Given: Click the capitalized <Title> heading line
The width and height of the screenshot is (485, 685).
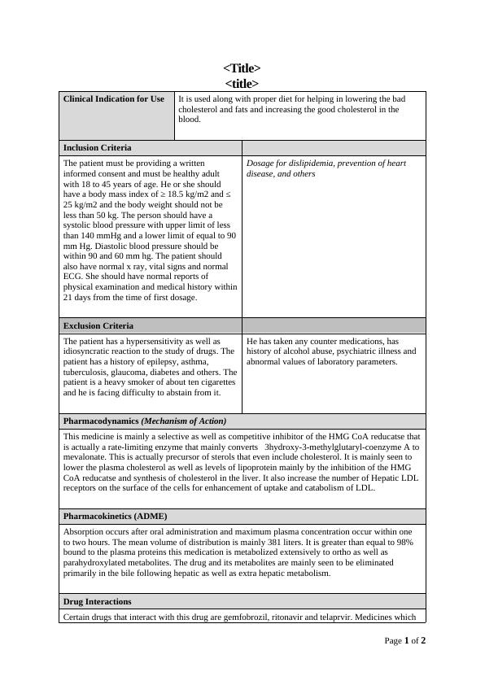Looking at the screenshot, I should point(242,68).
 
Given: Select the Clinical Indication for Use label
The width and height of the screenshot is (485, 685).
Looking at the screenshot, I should point(113,99).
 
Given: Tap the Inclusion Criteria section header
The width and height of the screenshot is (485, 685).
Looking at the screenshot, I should point(97,147).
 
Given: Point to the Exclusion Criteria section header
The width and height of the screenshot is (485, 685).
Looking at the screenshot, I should point(98,325).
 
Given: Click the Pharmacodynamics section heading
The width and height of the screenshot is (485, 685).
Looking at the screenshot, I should point(144,421).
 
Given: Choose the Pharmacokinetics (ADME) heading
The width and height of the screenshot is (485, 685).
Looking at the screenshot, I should point(115,516).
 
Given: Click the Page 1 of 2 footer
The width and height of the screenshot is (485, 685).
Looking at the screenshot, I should point(404,640).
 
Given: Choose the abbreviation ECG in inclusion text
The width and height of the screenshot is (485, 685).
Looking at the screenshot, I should point(73,277).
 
